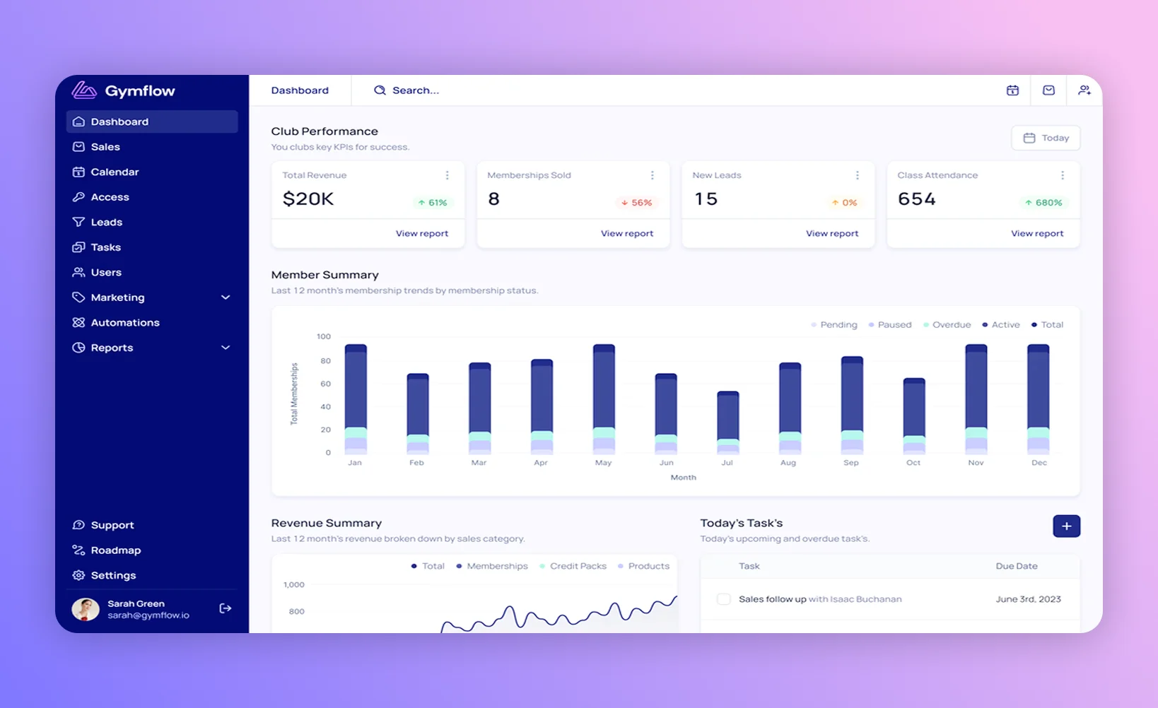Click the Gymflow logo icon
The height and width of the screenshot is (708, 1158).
coord(84,90)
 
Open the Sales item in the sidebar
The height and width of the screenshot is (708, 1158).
coord(105,147)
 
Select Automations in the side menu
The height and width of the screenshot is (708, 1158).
coord(124,323)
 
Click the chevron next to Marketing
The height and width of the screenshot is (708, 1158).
coord(226,297)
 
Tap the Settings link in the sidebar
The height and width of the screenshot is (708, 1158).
coord(113,576)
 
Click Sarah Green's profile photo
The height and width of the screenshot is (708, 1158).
coord(86,609)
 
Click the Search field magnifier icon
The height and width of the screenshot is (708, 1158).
coord(380,90)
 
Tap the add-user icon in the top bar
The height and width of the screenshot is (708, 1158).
coord(1084,90)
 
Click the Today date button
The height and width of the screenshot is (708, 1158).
coord(1046,138)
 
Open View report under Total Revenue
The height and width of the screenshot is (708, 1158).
coord(421,234)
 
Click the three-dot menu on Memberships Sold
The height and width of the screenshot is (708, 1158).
coord(652,175)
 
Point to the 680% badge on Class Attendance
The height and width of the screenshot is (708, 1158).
coord(1043,203)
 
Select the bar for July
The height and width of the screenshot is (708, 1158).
coord(727,422)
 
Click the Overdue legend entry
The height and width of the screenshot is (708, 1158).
coord(947,325)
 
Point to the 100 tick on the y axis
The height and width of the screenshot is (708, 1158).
coord(324,336)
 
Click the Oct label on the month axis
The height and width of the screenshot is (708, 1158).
coord(913,463)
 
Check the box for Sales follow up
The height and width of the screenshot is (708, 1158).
coord(723,599)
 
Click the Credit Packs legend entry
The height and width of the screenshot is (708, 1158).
coord(573,567)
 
